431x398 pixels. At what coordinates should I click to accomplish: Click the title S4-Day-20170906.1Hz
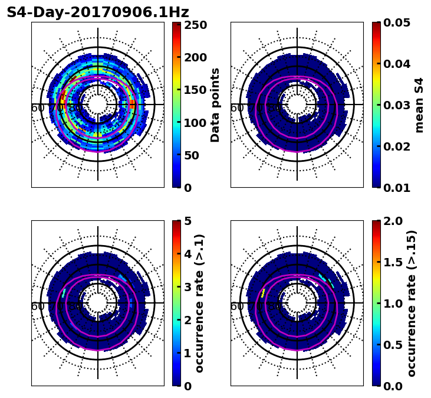[98, 12]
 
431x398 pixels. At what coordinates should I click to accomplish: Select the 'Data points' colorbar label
[215, 105]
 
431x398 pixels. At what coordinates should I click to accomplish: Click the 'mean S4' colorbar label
[419, 105]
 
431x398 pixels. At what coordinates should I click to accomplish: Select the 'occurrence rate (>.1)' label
[199, 303]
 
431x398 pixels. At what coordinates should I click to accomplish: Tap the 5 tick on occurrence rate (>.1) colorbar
[187, 221]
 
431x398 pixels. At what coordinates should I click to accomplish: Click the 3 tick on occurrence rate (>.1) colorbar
[187, 287]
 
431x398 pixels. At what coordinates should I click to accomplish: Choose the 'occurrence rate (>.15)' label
[412, 303]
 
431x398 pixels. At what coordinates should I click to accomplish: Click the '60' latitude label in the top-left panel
[38, 108]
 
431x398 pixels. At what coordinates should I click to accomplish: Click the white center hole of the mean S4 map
[297, 105]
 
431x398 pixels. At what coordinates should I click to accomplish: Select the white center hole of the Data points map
[98, 105]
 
